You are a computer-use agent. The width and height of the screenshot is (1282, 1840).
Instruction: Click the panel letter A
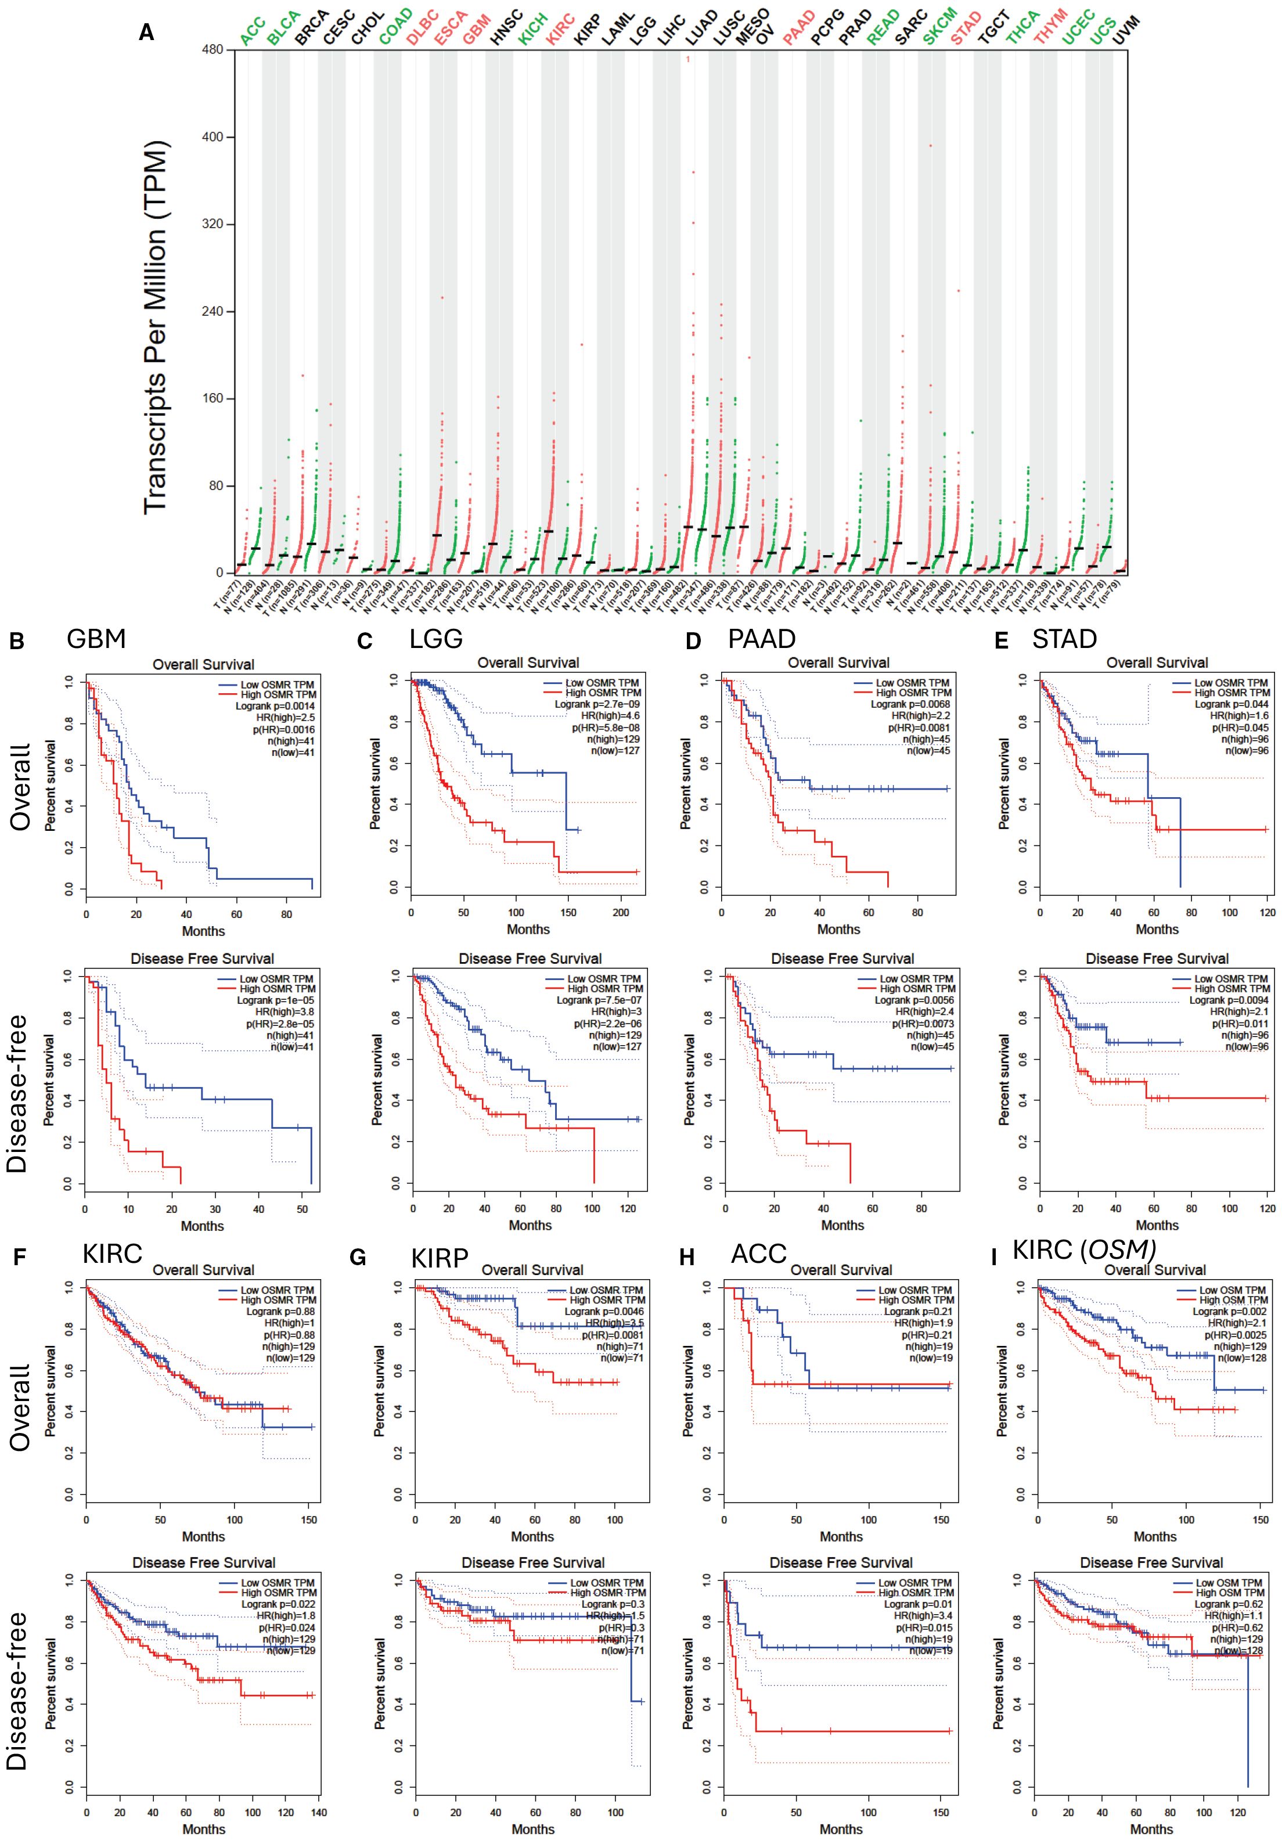tap(147, 33)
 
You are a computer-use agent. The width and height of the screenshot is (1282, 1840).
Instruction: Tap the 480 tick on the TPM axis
tap(213, 50)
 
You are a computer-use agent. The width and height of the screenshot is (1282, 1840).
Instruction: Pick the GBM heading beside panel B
tap(96, 638)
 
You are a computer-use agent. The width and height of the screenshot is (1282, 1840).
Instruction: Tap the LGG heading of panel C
tap(436, 639)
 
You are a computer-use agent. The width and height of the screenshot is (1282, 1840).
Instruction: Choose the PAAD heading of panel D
tap(761, 639)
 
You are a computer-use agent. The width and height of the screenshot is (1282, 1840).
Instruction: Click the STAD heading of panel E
tap(1064, 639)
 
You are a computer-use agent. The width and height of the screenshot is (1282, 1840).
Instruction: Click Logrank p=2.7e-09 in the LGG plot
tap(597, 704)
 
